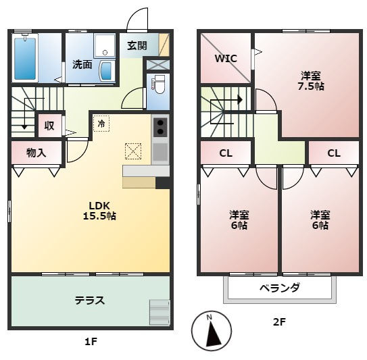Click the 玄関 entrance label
137,45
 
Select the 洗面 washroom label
82,65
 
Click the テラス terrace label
89,300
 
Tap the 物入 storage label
36,153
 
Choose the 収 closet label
49,125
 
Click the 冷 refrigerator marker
101,124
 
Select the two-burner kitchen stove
160,127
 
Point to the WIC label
226,58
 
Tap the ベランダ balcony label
280,288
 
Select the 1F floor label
91,341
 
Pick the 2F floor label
279,322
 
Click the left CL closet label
225,153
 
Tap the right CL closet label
333,153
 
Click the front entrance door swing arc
137,18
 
